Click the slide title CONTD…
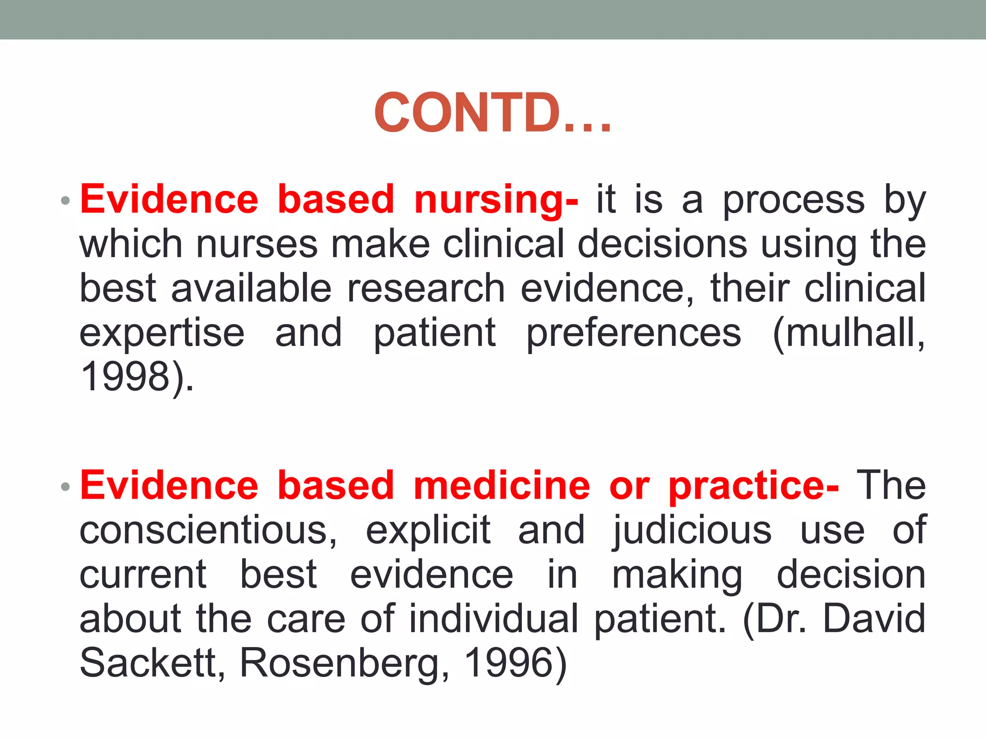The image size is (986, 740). (493, 113)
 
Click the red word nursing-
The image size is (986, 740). (496, 199)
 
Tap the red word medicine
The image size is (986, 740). (502, 486)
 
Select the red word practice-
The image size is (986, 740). (753, 486)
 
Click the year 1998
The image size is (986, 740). (125, 376)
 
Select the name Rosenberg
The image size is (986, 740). (339, 663)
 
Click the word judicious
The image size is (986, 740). (692, 530)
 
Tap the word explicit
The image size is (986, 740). (428, 530)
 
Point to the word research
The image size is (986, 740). (426, 288)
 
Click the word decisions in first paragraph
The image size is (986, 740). (662, 244)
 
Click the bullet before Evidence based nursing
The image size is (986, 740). (66, 200)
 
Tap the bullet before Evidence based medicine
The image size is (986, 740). (66, 487)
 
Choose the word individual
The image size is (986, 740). (493, 619)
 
